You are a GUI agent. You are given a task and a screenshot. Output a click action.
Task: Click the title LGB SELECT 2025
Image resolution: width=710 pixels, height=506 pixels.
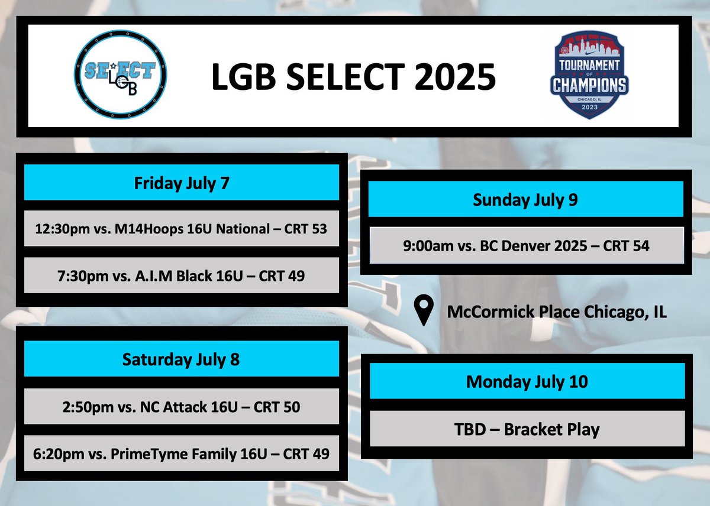(353, 77)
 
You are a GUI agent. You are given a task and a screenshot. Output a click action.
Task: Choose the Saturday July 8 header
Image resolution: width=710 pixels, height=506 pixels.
(181, 359)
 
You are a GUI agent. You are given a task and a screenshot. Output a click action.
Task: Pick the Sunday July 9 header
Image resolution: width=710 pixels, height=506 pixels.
(525, 200)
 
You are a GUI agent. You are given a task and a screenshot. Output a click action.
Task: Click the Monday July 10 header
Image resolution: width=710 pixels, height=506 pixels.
(527, 381)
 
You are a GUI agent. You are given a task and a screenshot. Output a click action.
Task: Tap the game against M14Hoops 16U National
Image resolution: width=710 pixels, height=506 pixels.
(181, 229)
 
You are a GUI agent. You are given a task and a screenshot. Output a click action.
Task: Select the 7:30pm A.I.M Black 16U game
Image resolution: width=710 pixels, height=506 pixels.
(181, 275)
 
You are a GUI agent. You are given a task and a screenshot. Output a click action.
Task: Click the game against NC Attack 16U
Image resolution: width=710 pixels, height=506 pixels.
(181, 407)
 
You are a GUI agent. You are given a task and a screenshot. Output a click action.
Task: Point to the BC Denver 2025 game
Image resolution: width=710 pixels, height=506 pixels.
(525, 245)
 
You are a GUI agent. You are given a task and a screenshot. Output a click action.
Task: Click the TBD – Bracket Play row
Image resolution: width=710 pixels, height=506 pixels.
(527, 429)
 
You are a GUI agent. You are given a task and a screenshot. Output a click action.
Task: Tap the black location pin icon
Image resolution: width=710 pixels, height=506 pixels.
(424, 312)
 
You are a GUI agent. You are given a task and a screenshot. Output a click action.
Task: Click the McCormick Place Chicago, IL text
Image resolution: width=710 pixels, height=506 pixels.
(557, 312)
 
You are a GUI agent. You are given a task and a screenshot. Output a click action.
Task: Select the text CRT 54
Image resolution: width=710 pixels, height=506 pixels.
(626, 245)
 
